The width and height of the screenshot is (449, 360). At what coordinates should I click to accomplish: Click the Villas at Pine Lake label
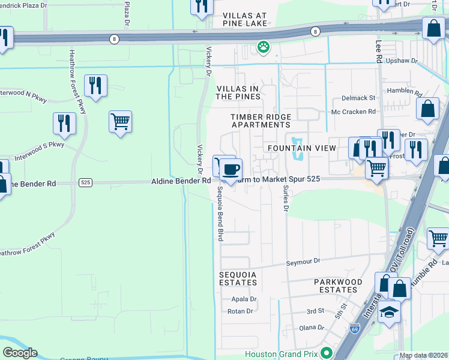pyautogui.click(x=245, y=19)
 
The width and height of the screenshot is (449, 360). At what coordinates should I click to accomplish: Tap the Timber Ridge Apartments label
pyautogui.click(x=261, y=121)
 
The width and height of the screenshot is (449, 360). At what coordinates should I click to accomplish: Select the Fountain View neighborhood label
pyautogui.click(x=293, y=148)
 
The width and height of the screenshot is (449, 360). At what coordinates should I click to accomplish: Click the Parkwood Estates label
pyautogui.click(x=338, y=286)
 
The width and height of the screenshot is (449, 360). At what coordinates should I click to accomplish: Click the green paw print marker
pyautogui.click(x=263, y=46)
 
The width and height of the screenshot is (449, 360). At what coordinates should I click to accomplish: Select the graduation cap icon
pyautogui.click(x=389, y=312)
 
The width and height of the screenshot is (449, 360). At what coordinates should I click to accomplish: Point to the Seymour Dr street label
pyautogui.click(x=304, y=262)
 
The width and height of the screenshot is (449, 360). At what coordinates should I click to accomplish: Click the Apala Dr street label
pyautogui.click(x=244, y=299)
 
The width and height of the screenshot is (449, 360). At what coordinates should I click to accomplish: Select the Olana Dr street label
pyautogui.click(x=312, y=328)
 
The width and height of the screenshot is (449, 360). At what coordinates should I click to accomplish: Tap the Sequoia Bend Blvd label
pyautogui.click(x=220, y=214)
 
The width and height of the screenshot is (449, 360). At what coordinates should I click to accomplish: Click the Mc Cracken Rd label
pyautogui.click(x=354, y=112)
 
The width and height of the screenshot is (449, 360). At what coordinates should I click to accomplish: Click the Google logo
pyautogui.click(x=20, y=353)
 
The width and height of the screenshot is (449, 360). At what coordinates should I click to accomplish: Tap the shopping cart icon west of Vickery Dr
pyautogui.click(x=120, y=122)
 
